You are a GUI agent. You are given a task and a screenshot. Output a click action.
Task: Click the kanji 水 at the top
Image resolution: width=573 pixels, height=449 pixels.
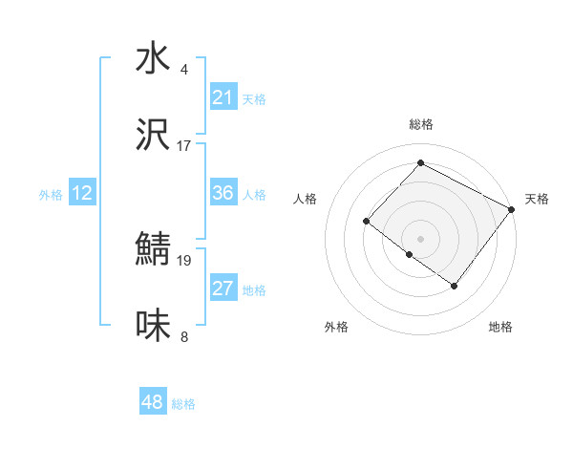tap(153, 59)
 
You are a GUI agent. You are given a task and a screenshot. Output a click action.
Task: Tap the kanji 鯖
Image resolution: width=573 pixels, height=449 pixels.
tap(153, 251)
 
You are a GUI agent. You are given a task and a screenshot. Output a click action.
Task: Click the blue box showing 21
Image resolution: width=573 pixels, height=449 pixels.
tap(223, 97)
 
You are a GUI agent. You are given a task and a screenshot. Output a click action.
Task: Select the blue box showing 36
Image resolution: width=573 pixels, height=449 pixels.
tap(223, 194)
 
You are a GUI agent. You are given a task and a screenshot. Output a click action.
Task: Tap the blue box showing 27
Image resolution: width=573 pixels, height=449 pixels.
tap(223, 289)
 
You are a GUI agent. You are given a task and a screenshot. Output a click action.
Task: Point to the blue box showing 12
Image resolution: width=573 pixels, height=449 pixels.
tap(82, 194)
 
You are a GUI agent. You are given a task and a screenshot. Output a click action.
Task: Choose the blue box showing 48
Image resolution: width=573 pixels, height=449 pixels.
tap(153, 402)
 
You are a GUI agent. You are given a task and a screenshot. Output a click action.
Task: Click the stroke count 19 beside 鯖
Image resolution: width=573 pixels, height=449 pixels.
tap(184, 260)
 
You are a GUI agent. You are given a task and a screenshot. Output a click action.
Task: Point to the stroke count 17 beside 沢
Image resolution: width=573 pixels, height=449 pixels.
tap(184, 146)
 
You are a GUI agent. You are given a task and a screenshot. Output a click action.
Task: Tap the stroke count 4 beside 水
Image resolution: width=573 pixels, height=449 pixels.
tap(184, 69)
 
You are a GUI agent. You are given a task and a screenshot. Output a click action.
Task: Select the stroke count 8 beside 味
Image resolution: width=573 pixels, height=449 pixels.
tap(184, 336)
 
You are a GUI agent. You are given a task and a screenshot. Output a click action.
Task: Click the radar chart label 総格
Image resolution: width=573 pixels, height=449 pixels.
tap(420, 124)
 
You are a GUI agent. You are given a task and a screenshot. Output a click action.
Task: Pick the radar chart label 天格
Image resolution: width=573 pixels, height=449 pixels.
tap(537, 199)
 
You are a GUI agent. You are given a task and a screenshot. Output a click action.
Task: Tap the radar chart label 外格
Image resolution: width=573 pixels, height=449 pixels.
tap(336, 327)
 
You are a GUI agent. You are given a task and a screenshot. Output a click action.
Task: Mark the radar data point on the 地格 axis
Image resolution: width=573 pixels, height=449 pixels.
tap(455, 286)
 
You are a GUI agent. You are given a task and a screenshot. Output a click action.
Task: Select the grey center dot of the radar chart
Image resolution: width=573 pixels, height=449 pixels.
tap(420, 237)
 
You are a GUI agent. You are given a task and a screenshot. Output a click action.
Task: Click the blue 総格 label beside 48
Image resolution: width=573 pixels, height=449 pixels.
tap(183, 404)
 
